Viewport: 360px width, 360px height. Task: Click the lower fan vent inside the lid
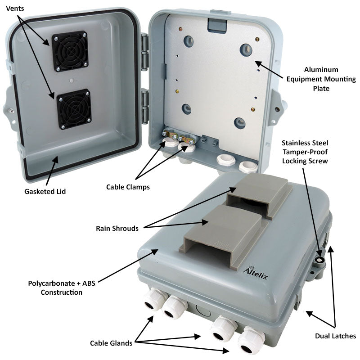click(73, 109)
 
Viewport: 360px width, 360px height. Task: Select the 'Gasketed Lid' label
click(45, 192)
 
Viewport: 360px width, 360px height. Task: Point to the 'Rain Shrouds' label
click(117, 228)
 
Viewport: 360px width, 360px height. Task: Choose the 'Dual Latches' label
click(335, 336)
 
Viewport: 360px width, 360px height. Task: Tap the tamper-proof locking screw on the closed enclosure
click(320, 260)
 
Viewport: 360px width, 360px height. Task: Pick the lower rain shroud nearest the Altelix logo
click(220, 229)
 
